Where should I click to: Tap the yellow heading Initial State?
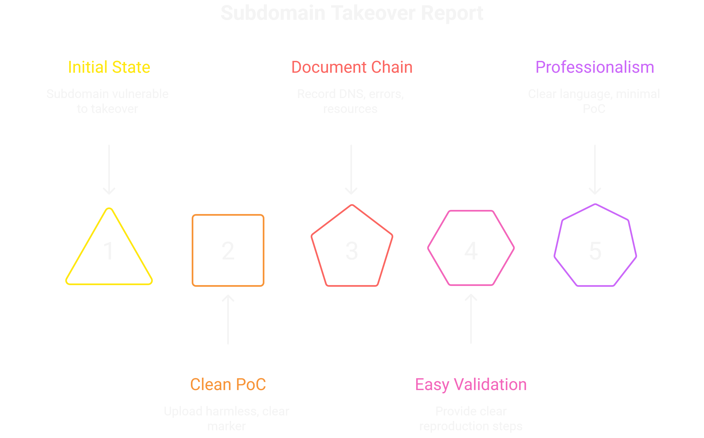[x=109, y=67]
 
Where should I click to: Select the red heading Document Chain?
[x=352, y=67]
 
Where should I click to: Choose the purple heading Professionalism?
[x=595, y=67]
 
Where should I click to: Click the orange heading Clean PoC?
[x=228, y=385]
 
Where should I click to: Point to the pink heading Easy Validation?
[x=471, y=385]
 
